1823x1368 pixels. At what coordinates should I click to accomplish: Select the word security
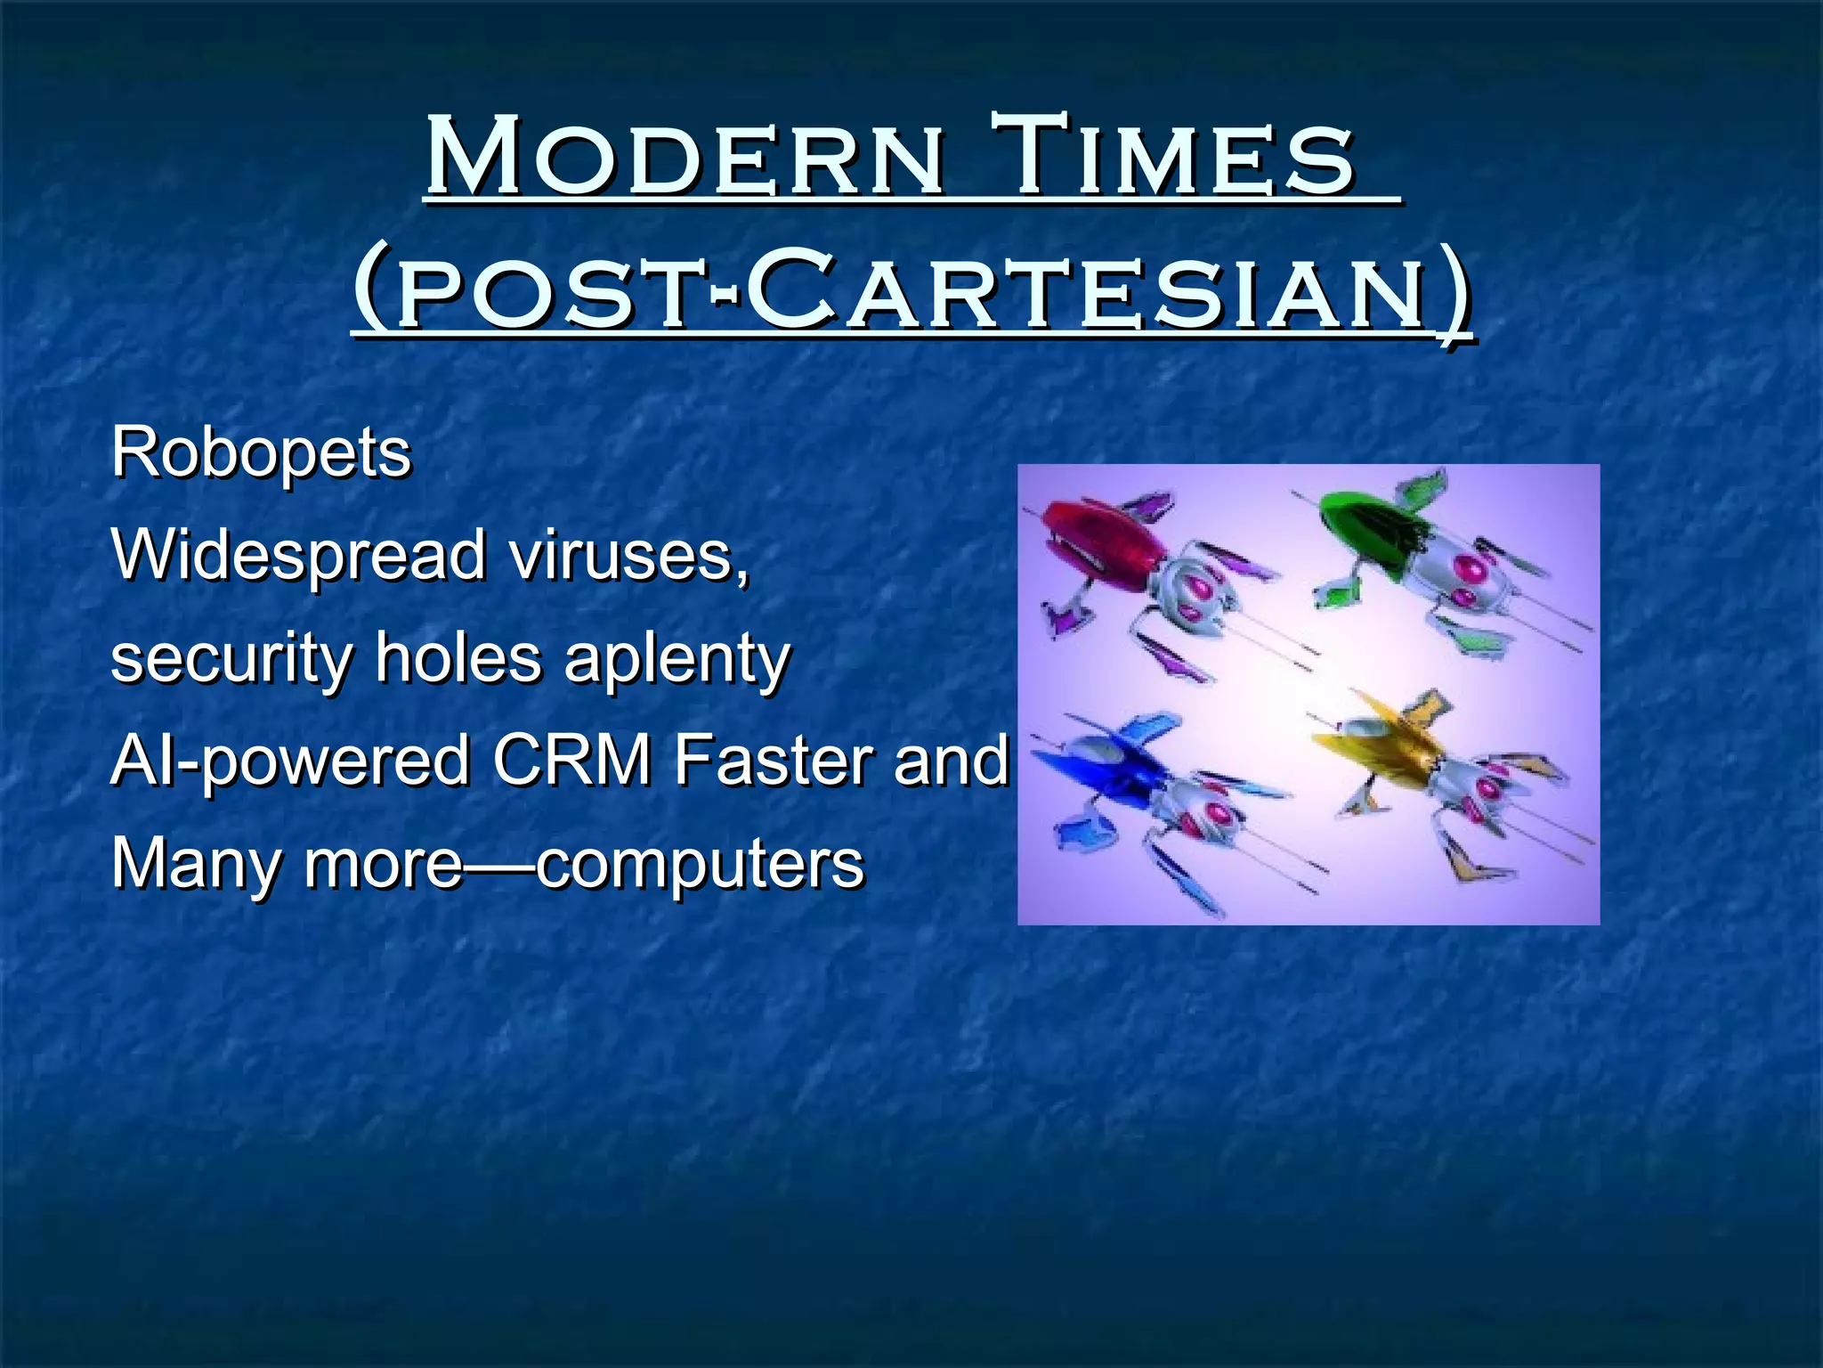pos(230,659)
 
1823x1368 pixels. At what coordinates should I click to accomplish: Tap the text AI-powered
pos(289,761)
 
